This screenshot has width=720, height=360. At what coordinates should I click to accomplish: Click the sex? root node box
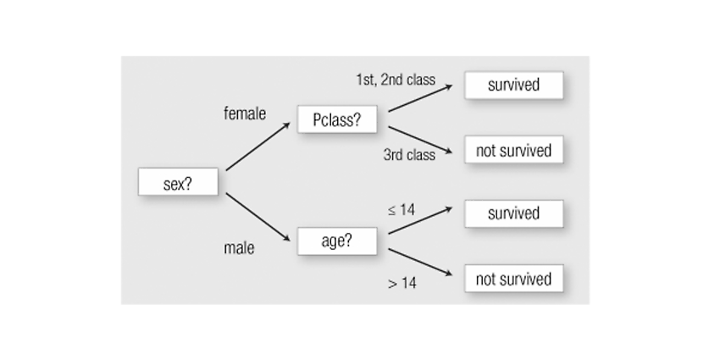click(178, 182)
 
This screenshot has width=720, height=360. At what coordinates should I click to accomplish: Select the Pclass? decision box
click(337, 119)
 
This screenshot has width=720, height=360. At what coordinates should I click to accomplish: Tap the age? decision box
click(337, 241)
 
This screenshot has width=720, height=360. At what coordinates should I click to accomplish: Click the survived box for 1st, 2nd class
click(514, 85)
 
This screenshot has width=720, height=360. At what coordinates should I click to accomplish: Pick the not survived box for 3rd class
click(514, 149)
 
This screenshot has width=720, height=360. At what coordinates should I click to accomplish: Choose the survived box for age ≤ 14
click(514, 213)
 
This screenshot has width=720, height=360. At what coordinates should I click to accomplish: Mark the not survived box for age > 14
click(514, 279)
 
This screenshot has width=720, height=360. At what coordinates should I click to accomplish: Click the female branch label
click(245, 114)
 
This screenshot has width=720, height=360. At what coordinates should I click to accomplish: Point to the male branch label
click(239, 248)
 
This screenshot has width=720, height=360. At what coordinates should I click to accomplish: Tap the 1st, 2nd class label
click(396, 80)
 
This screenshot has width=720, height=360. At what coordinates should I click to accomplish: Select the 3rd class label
click(409, 155)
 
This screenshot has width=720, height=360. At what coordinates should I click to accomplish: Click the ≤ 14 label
click(402, 210)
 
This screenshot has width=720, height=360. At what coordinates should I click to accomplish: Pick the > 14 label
click(402, 283)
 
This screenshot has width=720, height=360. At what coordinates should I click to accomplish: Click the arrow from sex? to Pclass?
click(258, 147)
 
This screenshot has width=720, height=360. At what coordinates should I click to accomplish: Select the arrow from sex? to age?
click(258, 217)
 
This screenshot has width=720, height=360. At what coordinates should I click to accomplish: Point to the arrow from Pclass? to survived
click(420, 97)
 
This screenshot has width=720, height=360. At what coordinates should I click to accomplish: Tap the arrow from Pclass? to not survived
click(420, 140)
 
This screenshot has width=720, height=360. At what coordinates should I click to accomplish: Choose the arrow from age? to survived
click(420, 220)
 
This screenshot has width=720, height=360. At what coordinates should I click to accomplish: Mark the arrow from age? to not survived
click(420, 263)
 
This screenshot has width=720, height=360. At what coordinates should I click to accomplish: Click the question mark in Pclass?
click(357, 119)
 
